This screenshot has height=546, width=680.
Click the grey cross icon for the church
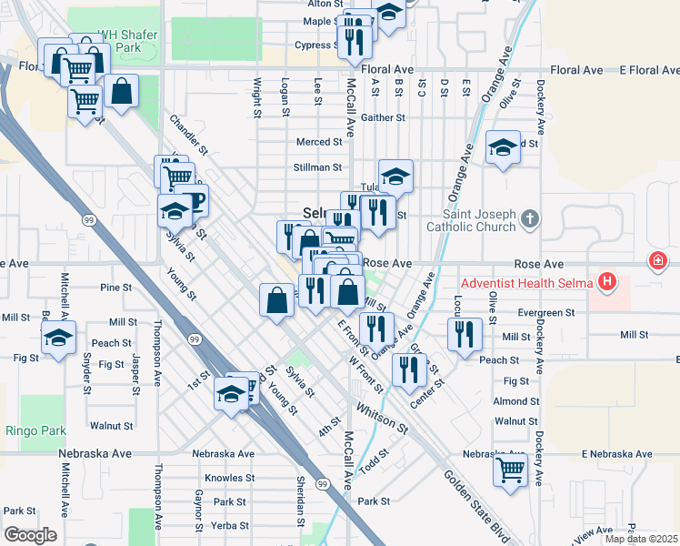pyautogui.click(x=532, y=218)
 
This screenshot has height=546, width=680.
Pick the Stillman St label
pyautogui.click(x=317, y=167)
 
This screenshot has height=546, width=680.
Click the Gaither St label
pyautogui.click(x=382, y=117)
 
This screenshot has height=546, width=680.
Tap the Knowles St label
pyautogui.click(x=229, y=478)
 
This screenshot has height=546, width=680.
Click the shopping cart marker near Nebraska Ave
pyautogui.click(x=510, y=470)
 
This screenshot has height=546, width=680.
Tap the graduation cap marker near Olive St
pyautogui.click(x=502, y=147)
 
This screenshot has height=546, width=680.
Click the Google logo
pyautogui.click(x=30, y=535)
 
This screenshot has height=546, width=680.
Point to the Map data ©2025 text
pyautogui.click(x=641, y=539)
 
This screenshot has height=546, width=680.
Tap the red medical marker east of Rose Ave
pyautogui.click(x=657, y=262)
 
